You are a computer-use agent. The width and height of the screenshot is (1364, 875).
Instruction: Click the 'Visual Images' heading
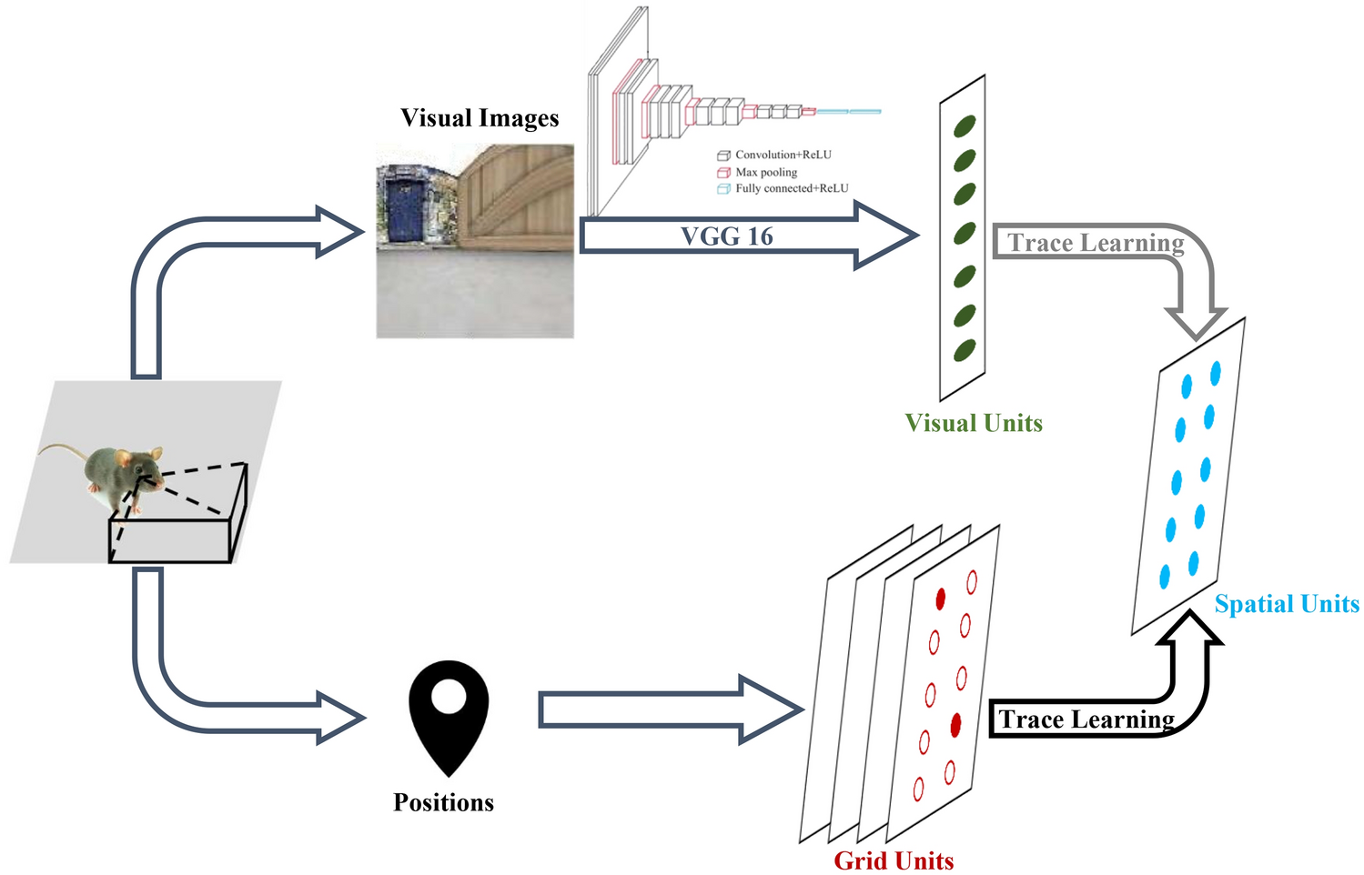click(480, 118)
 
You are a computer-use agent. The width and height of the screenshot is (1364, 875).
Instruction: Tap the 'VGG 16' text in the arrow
click(726, 236)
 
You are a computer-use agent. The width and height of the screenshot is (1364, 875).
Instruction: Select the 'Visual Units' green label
click(973, 423)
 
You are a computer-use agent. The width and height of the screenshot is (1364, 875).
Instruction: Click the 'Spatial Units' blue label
click(1287, 604)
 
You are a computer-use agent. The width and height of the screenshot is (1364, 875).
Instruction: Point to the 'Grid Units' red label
click(894, 860)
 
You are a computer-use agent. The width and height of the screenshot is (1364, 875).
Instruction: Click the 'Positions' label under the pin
click(443, 802)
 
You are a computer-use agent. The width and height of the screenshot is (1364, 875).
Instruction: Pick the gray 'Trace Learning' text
click(1096, 243)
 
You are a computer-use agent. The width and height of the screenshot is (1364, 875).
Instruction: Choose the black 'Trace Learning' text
click(1086, 719)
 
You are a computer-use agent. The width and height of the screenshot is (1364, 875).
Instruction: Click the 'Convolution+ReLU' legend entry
click(783, 155)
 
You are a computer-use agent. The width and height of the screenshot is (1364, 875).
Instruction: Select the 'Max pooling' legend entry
click(765, 172)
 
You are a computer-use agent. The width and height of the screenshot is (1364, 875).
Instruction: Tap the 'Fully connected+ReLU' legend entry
click(791, 188)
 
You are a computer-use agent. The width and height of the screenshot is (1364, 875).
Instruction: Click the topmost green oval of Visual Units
click(965, 126)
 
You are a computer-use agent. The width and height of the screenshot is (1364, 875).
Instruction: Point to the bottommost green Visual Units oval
click(965, 349)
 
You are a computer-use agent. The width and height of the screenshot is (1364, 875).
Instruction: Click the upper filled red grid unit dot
click(941, 598)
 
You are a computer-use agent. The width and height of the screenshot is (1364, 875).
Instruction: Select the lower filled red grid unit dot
click(955, 725)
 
